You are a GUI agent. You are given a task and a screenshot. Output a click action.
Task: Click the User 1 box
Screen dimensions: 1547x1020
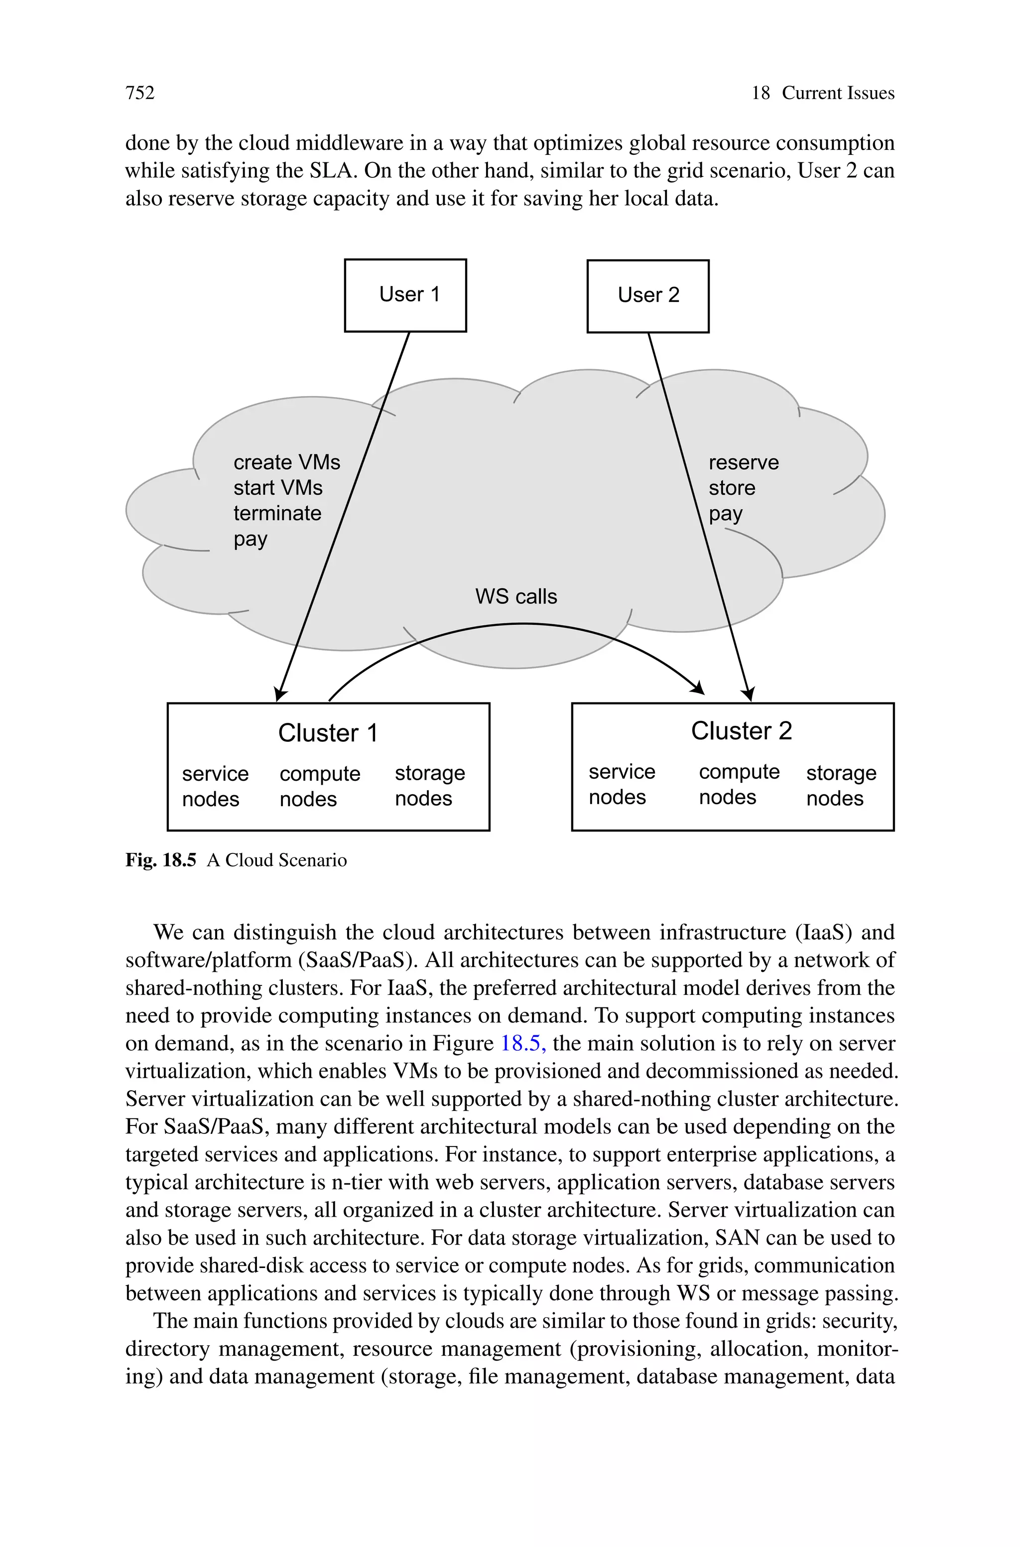[x=405, y=295]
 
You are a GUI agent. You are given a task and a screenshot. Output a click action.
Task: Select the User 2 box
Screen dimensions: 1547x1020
[x=648, y=296]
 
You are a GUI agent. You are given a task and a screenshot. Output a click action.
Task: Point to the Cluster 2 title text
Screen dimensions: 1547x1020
[x=741, y=730]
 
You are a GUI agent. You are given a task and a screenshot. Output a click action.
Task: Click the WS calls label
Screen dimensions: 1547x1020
[x=516, y=596]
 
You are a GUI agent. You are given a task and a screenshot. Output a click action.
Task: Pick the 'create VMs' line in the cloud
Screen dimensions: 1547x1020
[x=286, y=462]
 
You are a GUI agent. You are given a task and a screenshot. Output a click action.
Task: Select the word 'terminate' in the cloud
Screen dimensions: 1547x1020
[x=277, y=513]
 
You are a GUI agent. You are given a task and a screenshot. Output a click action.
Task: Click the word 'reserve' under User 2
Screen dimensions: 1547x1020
[x=743, y=462]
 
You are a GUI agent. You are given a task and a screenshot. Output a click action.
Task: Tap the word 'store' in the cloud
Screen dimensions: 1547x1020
[x=731, y=488]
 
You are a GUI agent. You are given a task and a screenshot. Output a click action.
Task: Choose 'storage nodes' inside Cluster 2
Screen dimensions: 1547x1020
[x=841, y=785]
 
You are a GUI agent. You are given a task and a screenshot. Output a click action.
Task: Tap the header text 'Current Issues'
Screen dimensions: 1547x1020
[x=837, y=93]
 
